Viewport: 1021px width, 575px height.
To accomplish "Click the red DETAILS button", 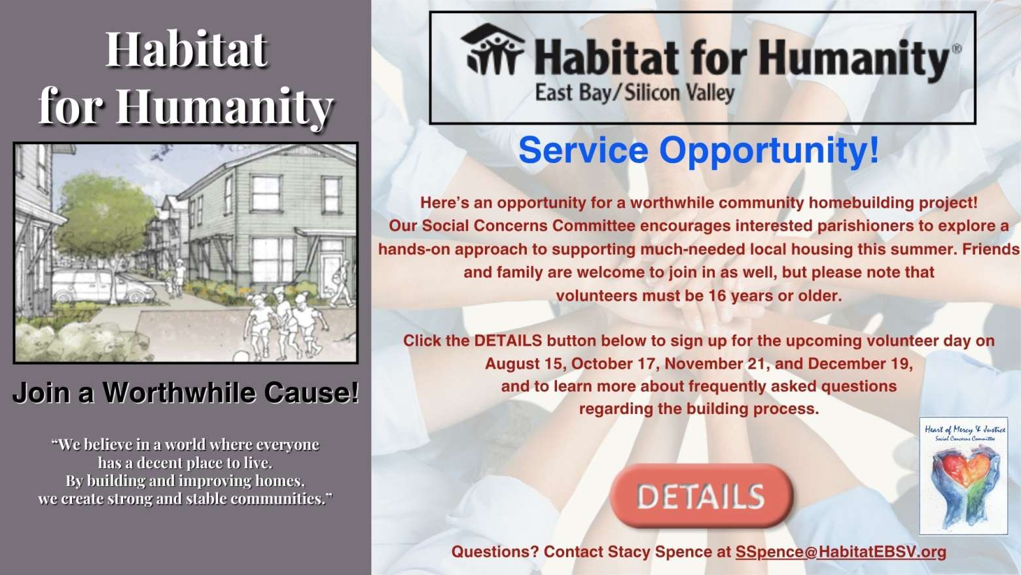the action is (x=701, y=496).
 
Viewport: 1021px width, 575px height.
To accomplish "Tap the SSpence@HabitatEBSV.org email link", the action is (x=841, y=551).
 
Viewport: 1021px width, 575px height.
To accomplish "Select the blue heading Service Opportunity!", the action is (x=699, y=150).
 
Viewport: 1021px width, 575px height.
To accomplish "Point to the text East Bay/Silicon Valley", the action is (x=634, y=93).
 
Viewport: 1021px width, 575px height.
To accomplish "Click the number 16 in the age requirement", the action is (x=717, y=295).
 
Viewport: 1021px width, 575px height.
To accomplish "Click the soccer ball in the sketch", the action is (x=241, y=356).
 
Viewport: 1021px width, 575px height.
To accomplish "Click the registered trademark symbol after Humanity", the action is (x=956, y=48).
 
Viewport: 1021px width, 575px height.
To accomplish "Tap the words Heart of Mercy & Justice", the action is (x=965, y=429).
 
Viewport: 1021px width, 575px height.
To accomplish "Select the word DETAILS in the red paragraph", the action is (x=508, y=341).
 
